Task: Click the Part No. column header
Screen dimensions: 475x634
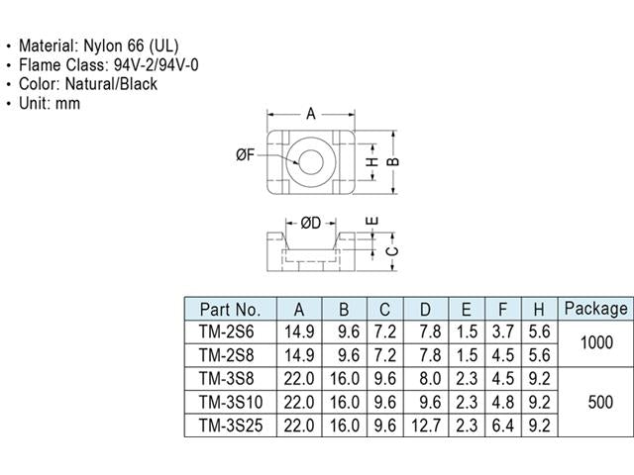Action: (230, 309)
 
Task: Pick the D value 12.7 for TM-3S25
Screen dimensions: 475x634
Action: (425, 426)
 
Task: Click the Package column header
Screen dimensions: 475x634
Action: (595, 309)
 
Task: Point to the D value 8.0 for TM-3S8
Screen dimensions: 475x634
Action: (425, 379)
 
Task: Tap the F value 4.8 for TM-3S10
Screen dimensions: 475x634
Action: (503, 403)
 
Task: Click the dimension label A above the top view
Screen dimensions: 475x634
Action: (310, 114)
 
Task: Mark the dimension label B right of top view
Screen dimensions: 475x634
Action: (392, 161)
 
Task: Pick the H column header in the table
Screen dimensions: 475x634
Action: (538, 309)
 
